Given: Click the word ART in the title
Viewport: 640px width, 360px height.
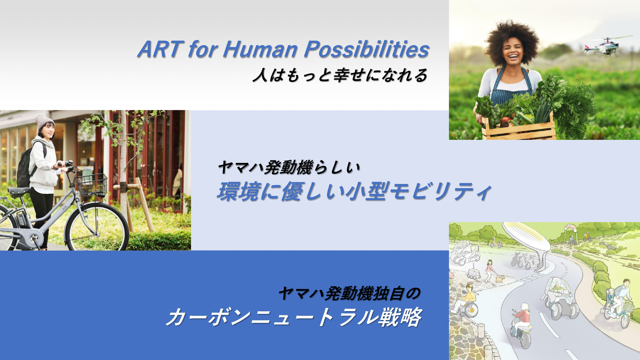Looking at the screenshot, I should (160, 49).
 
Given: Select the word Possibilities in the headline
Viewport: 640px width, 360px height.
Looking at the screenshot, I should (366, 49).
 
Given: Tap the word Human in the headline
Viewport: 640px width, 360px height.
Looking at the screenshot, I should (260, 49).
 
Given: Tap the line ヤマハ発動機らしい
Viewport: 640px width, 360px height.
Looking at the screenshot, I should (289, 167).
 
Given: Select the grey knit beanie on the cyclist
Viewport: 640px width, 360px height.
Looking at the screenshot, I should (44, 121).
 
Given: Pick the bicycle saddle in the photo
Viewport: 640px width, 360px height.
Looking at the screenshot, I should (19, 191).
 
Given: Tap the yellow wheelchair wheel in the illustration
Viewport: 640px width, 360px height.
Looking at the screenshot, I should (472, 311).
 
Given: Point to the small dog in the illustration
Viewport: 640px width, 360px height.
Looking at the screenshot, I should (500, 278).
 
